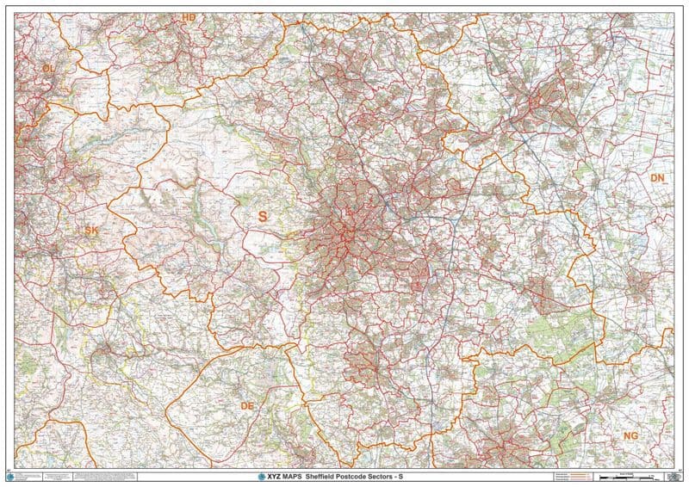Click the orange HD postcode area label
(189, 16)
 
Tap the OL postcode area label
(48, 67)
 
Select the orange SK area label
(92, 230)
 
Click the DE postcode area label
(248, 404)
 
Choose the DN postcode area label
(658, 178)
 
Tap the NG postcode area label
(631, 436)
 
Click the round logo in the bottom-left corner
(10, 476)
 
